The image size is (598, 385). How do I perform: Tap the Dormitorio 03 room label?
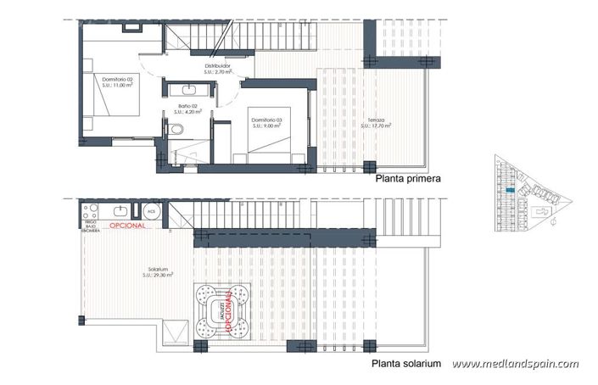point(267,120)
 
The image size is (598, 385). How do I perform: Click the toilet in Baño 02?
point(174,128)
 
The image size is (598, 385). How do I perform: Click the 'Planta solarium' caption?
point(407,364)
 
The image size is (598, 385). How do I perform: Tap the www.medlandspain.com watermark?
point(516,365)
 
